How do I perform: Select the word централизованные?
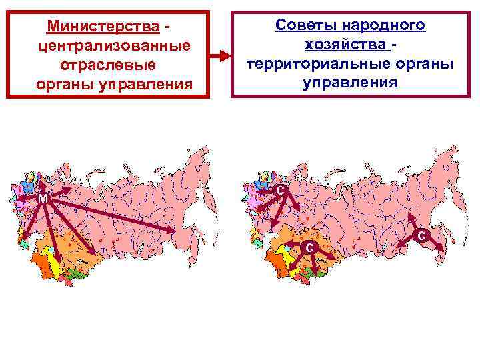click(114, 47)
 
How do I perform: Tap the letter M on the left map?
click(42, 199)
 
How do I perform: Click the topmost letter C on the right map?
click(281, 191)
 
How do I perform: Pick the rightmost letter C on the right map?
click(421, 235)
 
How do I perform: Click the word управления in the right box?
click(349, 83)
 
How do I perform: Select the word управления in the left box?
click(148, 85)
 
